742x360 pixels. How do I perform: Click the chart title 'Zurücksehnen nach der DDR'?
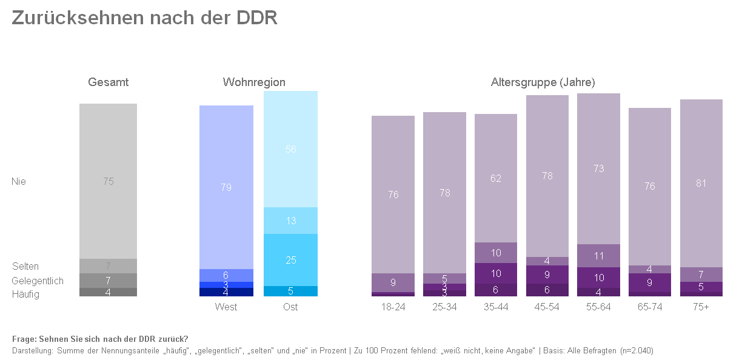coord(144,18)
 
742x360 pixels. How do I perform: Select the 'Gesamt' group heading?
coord(108,82)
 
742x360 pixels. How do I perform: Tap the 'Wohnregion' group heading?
coord(254,82)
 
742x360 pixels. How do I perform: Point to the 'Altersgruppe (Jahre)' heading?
coord(543,82)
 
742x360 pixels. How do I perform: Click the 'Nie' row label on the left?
coord(19,181)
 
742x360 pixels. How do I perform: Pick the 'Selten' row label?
coord(25,266)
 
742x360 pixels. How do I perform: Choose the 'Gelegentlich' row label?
coord(38,281)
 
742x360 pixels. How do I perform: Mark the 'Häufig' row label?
coord(25,294)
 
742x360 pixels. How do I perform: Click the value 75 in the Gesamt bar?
coord(108,181)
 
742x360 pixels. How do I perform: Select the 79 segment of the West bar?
coord(226,187)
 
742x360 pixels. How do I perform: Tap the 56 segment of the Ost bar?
coord(291,149)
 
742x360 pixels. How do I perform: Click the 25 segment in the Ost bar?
coord(291,260)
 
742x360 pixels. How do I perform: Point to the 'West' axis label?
coord(226,307)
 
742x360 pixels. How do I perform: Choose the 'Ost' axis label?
coord(290,307)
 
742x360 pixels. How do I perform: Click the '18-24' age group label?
coord(393,307)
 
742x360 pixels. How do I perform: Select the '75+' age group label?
coord(701,307)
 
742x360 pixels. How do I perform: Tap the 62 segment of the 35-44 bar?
coord(496,178)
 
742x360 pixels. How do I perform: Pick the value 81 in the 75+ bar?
coord(701,183)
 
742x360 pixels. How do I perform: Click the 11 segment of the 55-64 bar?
coord(599,256)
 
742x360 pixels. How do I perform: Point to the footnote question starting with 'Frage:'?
coord(100,339)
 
